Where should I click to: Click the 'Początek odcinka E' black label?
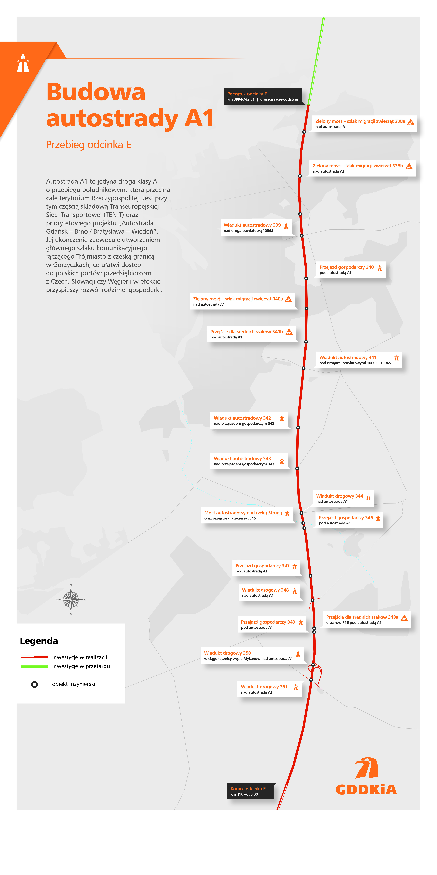click(262, 96)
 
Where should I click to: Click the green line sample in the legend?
click(34, 666)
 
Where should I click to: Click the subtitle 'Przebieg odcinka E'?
click(89, 145)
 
